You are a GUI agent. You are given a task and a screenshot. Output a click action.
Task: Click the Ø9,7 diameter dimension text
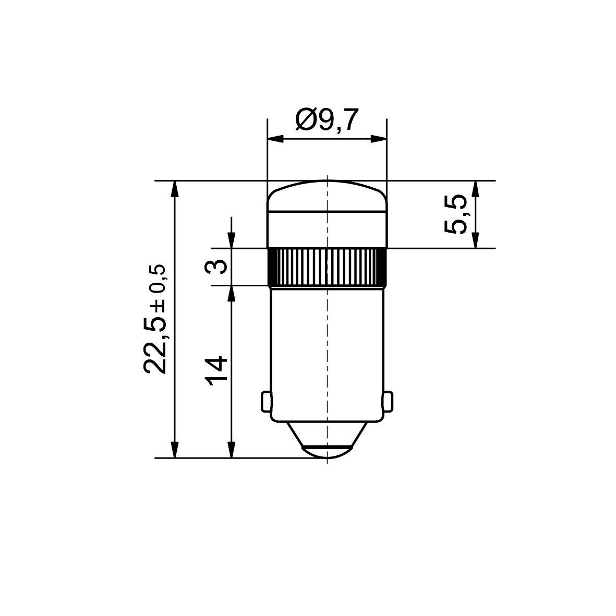click(327, 120)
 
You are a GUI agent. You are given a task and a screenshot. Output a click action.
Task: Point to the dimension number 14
click(216, 370)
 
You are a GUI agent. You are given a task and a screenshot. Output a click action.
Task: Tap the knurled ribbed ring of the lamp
click(327, 267)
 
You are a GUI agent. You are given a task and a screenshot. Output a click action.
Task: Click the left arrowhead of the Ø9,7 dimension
click(274, 139)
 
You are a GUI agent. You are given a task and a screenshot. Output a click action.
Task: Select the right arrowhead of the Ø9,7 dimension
click(379, 139)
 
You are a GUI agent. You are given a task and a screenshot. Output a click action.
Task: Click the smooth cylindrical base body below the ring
click(327, 349)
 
